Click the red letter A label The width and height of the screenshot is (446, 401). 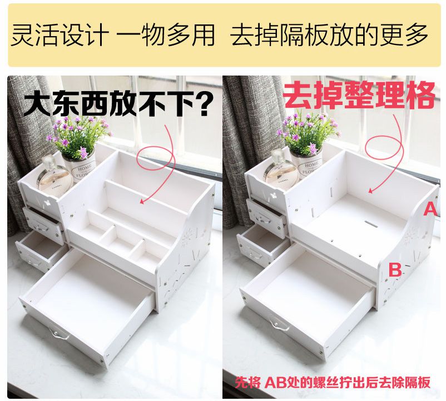pos(430,209)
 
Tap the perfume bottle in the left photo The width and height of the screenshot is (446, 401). pos(54,177)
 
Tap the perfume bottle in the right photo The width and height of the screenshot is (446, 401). pos(280,169)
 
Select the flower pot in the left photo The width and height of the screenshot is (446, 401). pos(79,168)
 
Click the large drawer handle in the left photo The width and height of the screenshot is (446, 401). pos(59,334)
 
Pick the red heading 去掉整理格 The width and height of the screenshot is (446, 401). pos(360,94)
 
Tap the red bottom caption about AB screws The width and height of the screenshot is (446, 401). pos(333,382)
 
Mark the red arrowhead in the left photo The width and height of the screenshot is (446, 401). pos(142,202)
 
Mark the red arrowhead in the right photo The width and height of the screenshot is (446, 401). pos(370,191)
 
